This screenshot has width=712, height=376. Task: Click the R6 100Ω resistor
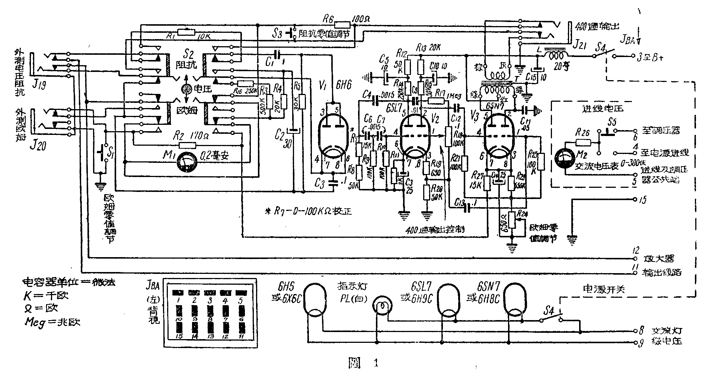click(x=342, y=25)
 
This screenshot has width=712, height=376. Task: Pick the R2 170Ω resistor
click(x=188, y=145)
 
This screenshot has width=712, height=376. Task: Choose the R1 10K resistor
click(x=186, y=31)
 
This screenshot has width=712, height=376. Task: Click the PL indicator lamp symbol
click(x=381, y=307)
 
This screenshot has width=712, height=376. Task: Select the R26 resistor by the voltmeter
click(x=582, y=142)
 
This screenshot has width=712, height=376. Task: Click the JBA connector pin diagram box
click(x=210, y=313)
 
